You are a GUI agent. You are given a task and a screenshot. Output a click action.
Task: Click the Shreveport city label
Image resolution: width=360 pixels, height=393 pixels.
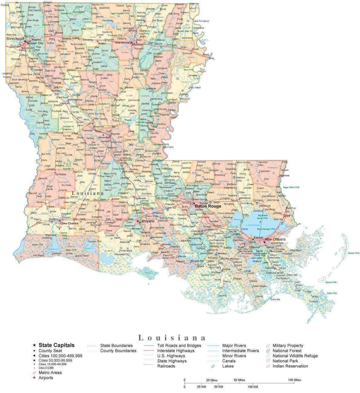click(14, 39)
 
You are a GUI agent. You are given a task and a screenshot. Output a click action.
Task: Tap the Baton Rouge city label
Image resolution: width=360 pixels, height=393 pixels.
click(208, 206)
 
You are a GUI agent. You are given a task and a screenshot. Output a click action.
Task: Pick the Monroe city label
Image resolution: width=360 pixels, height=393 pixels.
click(137, 44)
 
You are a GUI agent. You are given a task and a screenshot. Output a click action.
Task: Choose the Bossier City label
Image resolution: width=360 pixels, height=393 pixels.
click(35, 43)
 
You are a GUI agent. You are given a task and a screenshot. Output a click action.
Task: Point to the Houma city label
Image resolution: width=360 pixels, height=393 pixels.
click(226, 269)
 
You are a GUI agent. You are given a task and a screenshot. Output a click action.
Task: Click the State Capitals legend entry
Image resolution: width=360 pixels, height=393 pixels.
click(56, 345)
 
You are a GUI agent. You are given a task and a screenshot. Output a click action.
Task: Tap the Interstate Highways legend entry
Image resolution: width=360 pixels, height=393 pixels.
click(176, 351)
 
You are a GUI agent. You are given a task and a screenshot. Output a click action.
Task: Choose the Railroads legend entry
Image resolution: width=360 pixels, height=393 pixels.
click(166, 366)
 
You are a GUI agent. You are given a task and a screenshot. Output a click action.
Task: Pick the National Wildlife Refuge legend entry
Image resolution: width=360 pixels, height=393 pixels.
click(295, 356)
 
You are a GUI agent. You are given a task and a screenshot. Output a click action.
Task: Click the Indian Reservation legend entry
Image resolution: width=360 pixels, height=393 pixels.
click(290, 366)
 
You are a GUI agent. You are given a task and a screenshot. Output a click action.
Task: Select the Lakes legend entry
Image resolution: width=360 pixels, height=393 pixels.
click(228, 366)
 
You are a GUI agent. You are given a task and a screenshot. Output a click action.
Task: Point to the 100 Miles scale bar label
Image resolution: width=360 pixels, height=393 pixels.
click(294, 380)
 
